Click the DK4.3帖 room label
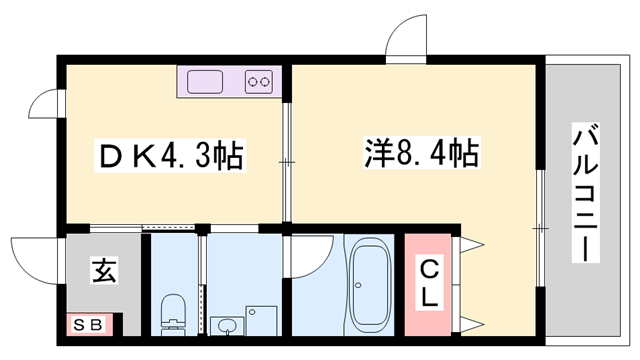(x=170, y=156)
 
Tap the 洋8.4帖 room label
(x=422, y=153)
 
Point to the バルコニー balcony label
(x=586, y=192)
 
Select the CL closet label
(x=429, y=284)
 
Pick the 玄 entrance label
(x=104, y=270)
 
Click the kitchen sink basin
(x=205, y=82)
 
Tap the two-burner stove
(x=259, y=82)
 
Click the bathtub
(x=369, y=284)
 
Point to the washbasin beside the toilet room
(x=227, y=326)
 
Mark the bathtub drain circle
(x=358, y=285)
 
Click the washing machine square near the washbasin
(x=261, y=321)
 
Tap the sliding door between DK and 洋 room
(x=287, y=162)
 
